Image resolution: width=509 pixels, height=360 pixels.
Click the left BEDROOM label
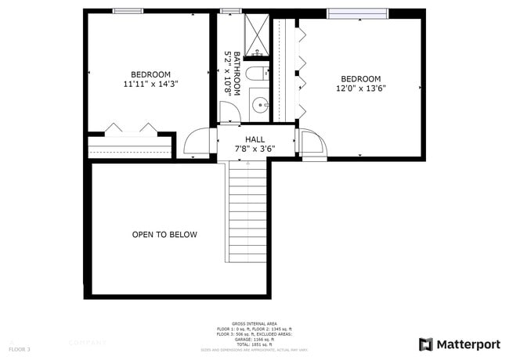click(x=150, y=74)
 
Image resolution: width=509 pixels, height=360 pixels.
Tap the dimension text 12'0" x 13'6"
click(x=361, y=88)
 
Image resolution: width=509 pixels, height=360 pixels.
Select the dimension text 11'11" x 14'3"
click(x=150, y=84)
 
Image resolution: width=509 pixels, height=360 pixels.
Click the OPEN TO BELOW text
click(x=164, y=235)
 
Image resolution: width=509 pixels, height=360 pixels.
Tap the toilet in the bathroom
click(x=256, y=74)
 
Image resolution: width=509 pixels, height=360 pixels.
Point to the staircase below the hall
click(x=247, y=211)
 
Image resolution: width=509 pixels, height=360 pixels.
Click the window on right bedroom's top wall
click(x=357, y=13)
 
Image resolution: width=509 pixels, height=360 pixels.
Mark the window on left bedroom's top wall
click(x=128, y=10)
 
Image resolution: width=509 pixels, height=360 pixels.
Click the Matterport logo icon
click(x=426, y=344)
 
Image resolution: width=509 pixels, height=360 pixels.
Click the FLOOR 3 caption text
click(x=20, y=348)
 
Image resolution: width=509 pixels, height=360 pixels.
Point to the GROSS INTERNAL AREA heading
click(x=254, y=322)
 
